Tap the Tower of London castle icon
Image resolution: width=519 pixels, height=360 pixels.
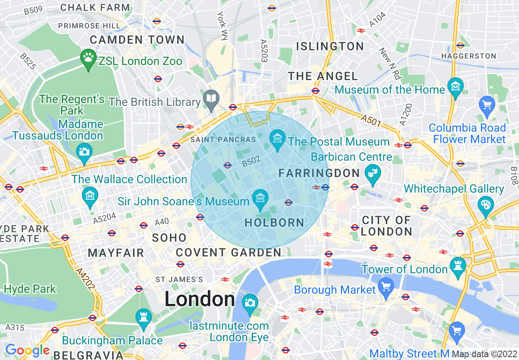click(457, 265)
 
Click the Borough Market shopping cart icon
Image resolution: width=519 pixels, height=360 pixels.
click(386, 286)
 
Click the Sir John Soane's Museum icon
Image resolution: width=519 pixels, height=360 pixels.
click(260, 198)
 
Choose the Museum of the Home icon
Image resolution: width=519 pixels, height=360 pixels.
click(455, 86)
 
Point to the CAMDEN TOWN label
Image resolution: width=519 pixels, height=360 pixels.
click(137, 40)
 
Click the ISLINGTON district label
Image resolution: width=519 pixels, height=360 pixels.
click(330, 46)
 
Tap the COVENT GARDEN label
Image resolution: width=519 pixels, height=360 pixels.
click(229, 253)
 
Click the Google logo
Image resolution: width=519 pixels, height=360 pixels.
click(27, 350)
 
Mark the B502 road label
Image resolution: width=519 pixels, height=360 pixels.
click(251, 162)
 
